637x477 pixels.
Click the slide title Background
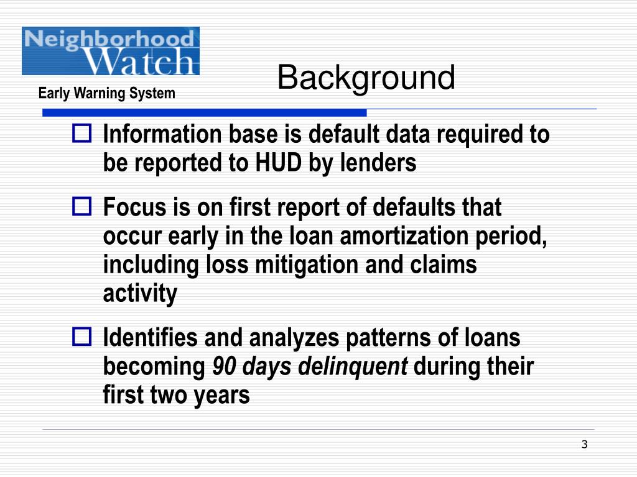tap(366, 79)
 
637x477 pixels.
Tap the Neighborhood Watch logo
tap(111, 51)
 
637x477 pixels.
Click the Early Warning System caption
tap(106, 94)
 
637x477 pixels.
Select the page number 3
tap(584, 444)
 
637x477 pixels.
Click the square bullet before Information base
tap(82, 134)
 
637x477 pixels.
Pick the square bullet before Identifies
tap(82, 338)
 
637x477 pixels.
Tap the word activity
tap(140, 294)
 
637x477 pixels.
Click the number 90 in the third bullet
tap(222, 367)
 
